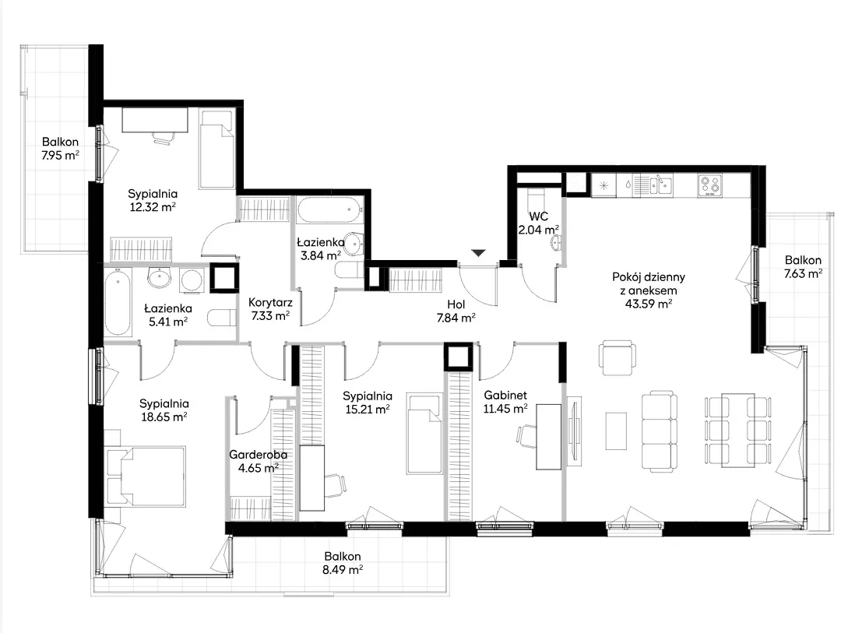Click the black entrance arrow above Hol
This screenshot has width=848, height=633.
click(479, 253)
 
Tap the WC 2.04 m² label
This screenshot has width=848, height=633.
click(539, 223)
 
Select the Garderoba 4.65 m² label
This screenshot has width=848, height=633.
click(258, 461)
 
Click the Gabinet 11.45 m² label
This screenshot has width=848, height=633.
click(505, 402)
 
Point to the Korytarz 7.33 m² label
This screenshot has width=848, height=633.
click(270, 309)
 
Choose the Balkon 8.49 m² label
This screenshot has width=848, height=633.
click(343, 563)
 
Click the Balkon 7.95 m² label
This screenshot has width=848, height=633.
click(60, 149)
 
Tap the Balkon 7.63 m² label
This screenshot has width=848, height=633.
click(803, 267)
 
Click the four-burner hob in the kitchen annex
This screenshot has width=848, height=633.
click(709, 185)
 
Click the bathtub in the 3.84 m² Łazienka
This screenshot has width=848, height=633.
click(329, 210)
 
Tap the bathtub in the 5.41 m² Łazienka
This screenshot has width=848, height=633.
click(118, 301)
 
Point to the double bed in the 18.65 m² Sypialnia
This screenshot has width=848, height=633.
click(146, 476)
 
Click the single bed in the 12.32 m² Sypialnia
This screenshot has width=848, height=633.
click(216, 149)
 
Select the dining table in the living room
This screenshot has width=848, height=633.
click(737, 431)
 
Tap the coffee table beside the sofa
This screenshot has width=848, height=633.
click(616, 431)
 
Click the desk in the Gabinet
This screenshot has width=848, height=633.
click(549, 437)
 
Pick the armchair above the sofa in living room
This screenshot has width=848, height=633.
click(617, 357)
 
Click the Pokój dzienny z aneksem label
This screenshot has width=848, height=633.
click(649, 290)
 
